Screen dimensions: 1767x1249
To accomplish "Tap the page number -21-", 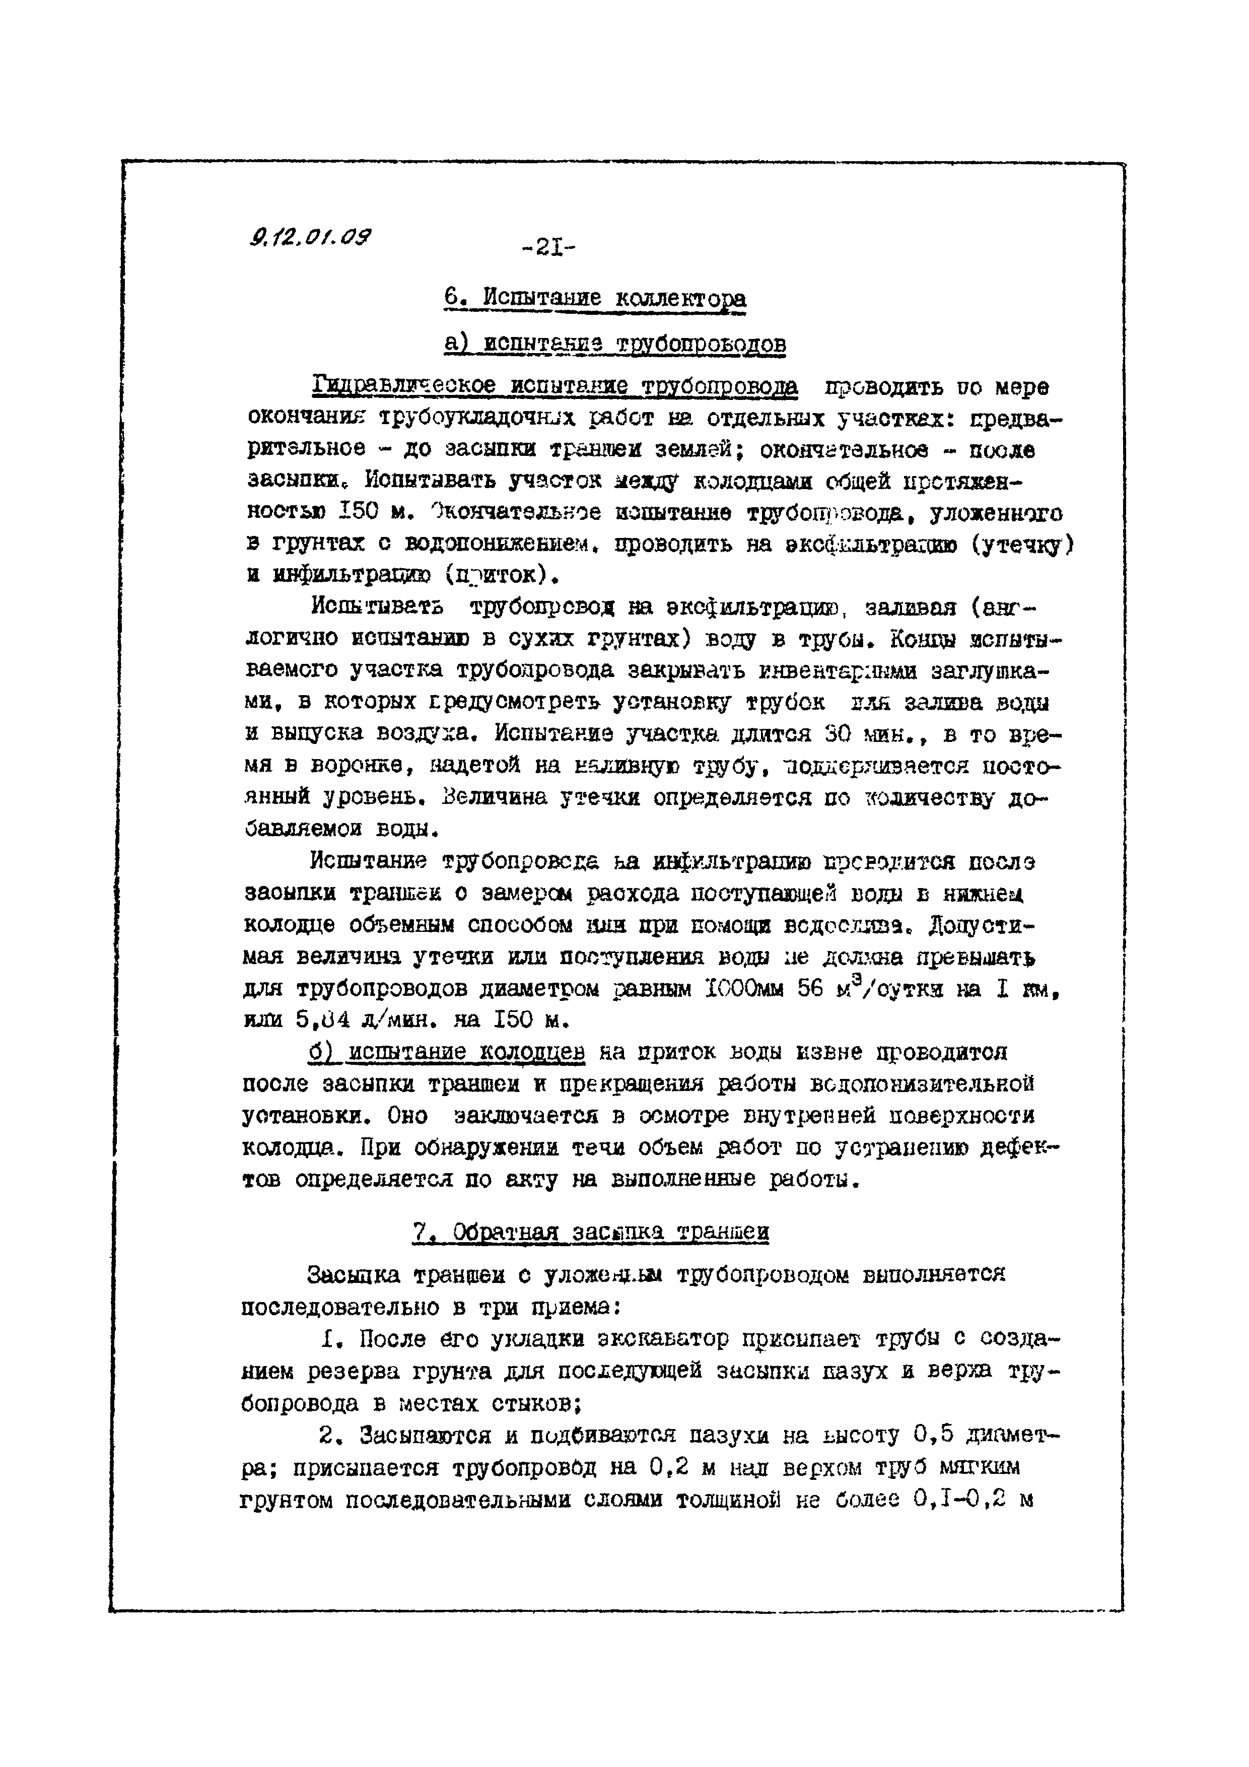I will click(548, 249).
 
